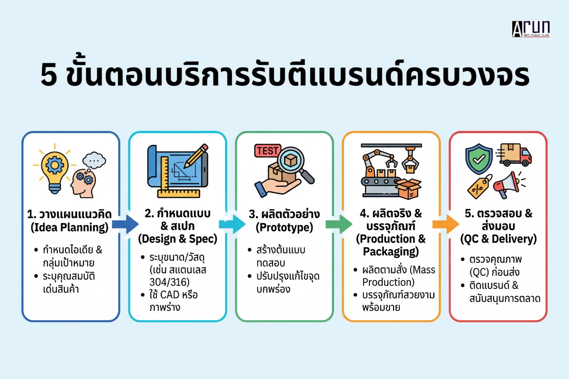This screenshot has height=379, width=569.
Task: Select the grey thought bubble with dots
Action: coord(94,160)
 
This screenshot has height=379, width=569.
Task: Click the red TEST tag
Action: coord(268,151)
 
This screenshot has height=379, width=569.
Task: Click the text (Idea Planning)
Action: coord(70,227)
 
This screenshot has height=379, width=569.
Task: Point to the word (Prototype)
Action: coord(284,227)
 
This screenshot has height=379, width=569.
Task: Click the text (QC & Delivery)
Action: coord(498,239)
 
